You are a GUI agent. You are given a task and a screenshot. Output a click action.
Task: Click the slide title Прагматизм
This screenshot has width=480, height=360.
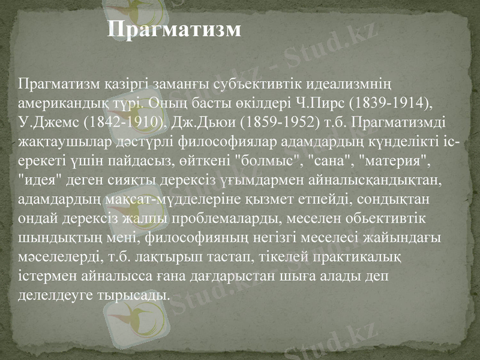(175, 29)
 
